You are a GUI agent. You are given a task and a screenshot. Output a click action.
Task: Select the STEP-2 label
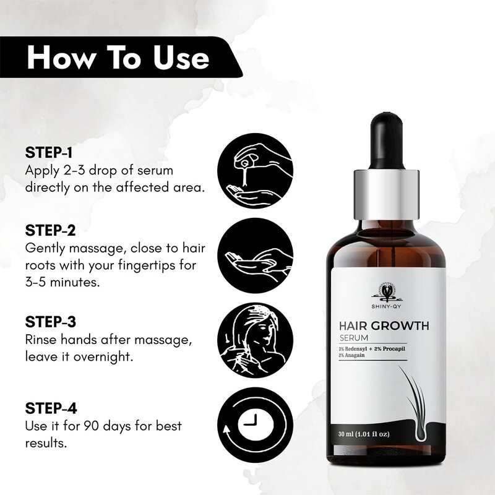pos(59,230)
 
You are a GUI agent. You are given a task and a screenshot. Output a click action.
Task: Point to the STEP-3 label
pos(59,322)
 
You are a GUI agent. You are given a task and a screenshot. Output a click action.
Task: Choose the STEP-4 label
pos(59,409)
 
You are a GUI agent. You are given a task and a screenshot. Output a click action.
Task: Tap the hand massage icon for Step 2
pos(256,254)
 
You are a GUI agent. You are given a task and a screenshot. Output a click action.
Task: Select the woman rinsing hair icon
pos(256,341)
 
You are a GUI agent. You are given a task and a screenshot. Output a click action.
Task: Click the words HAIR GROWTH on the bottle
pos(387,326)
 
